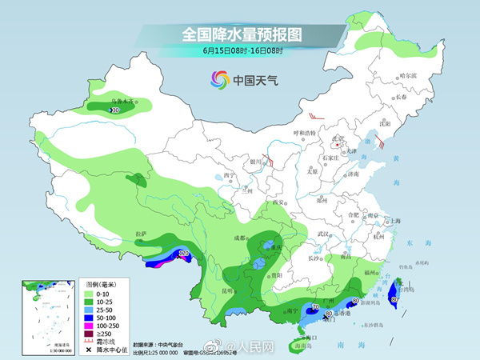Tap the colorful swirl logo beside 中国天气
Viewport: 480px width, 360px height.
tap(218, 79)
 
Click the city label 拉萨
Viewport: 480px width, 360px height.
tap(142, 234)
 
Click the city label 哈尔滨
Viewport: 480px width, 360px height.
tap(408, 75)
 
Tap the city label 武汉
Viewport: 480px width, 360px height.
tap(323, 234)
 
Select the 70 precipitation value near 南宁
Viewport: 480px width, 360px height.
tap(315, 308)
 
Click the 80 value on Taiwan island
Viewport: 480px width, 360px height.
tap(393, 299)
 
